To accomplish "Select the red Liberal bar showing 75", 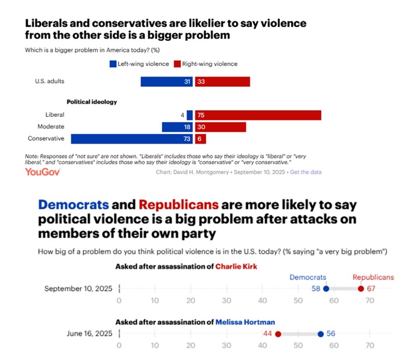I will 258,115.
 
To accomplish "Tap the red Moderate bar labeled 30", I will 220,127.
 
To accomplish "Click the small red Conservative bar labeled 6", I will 200,139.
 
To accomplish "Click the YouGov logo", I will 40,171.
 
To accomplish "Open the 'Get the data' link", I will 306,172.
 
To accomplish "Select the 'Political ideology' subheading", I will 92,101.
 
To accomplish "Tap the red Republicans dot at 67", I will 360,289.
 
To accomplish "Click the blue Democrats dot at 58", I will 326,289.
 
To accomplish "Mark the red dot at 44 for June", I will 278,334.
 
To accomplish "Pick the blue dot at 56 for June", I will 320,334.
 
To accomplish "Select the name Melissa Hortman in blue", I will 245,321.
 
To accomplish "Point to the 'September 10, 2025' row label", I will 79,289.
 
